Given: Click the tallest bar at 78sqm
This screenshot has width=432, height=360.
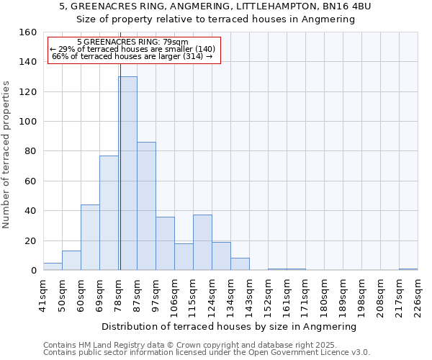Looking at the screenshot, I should [x=127, y=174].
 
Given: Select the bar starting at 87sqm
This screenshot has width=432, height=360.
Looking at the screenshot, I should [x=146, y=206].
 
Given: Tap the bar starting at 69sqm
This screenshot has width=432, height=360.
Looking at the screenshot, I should [x=109, y=213].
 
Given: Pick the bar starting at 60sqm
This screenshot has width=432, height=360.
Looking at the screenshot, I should [x=90, y=238].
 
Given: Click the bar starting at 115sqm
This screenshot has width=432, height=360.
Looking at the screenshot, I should [x=202, y=243].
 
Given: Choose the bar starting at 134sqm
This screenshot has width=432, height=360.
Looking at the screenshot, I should [x=240, y=264].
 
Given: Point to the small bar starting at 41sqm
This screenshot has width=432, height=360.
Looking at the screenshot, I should [x=53, y=266].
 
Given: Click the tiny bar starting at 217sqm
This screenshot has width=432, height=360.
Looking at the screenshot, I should [x=408, y=269].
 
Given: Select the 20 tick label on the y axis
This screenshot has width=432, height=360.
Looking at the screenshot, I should [x=30, y=241].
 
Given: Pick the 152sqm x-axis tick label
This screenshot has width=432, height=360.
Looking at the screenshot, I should [x=268, y=296].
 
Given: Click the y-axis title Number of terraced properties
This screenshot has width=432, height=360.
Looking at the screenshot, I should [x=7, y=154].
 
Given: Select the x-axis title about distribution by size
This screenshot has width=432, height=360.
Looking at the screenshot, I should [x=230, y=327].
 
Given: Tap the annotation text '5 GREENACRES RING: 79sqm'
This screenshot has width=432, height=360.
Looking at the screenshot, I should [x=132, y=42].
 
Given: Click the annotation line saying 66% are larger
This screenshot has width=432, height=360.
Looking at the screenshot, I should [x=132, y=56].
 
